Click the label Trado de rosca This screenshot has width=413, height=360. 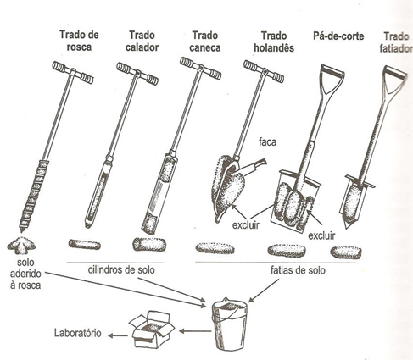(x=79, y=41)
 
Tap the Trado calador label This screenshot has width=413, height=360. (x=142, y=42)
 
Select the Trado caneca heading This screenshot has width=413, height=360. (x=205, y=42)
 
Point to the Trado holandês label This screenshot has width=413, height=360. (x=274, y=42)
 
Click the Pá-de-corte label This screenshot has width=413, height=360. (x=338, y=36)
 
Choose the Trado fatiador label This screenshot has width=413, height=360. (x=396, y=42)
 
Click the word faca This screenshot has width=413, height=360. (x=267, y=141)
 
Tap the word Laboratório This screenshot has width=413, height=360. (x=78, y=333)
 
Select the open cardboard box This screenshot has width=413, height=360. (x=152, y=330)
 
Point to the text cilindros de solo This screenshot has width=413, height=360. (x=121, y=269)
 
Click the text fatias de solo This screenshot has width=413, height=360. (x=298, y=270)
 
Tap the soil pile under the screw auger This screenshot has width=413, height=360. (x=21, y=244)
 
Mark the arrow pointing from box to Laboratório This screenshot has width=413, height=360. (x=118, y=335)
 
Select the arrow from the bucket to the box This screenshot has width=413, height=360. (x=195, y=330)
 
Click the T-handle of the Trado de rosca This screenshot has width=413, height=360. (x=73, y=73)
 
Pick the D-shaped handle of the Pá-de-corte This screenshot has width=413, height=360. (x=332, y=80)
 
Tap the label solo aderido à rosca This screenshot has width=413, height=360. (x=25, y=274)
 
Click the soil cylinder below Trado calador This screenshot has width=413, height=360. (x=85, y=244)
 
